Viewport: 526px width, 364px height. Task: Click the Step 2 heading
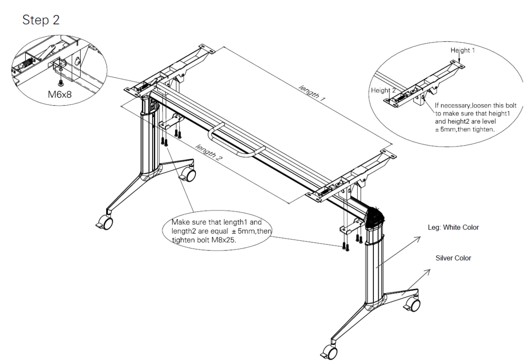pyautogui.click(x=42, y=21)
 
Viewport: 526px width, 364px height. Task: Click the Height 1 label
pyautogui.click(x=462, y=50)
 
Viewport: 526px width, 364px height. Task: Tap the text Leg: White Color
pyautogui.click(x=453, y=227)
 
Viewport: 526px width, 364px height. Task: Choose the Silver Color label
pyautogui.click(x=453, y=258)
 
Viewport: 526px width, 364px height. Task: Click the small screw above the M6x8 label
pyautogui.click(x=61, y=82)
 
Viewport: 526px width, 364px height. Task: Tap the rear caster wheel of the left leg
pyautogui.click(x=191, y=175)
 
